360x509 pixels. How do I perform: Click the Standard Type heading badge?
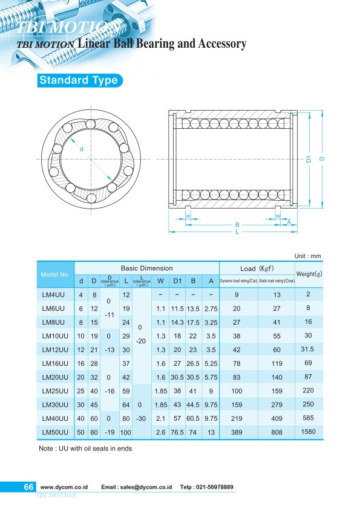click(79, 80)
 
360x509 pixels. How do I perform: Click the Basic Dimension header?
click(146, 268)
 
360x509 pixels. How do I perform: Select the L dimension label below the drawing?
click(237, 232)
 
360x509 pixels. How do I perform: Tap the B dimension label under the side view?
click(237, 225)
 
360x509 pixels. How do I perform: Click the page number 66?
click(28, 487)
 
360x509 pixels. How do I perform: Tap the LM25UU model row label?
click(54, 392)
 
